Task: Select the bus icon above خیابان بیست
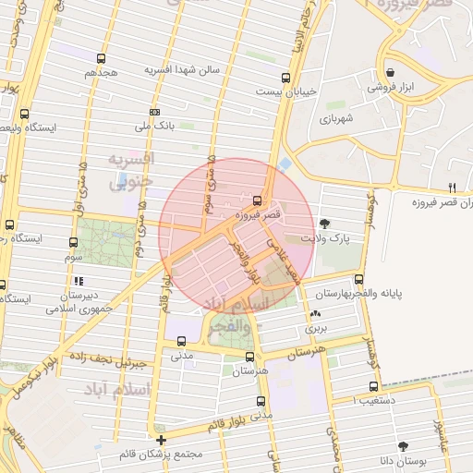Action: click(x=285, y=79)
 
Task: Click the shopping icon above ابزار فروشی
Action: click(x=391, y=72)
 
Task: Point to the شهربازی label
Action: click(x=338, y=119)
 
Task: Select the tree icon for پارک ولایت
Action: click(x=324, y=224)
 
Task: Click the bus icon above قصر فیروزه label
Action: click(x=257, y=200)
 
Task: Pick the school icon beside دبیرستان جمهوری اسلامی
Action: click(x=79, y=281)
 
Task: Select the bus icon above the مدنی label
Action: click(x=180, y=341)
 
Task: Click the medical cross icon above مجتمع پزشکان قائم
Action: click(x=161, y=440)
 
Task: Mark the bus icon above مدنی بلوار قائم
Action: click(x=261, y=401)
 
